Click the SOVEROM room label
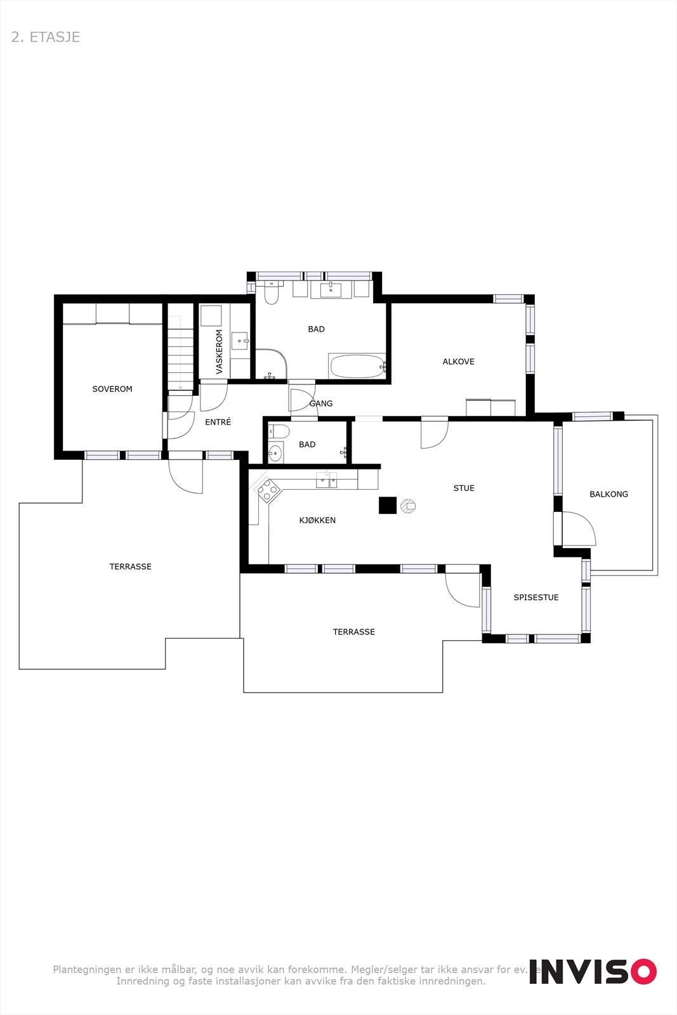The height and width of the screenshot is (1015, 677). pos(112,389)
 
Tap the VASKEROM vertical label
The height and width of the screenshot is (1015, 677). pos(220,351)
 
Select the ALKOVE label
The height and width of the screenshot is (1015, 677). pos(458,362)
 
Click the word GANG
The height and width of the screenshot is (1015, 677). pos(321,403)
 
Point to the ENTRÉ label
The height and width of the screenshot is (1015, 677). pos(218,422)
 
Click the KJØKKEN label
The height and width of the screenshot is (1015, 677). pos(317,520)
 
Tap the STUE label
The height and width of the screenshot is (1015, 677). pos(464,488)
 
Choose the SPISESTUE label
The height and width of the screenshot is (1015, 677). pos(536,597)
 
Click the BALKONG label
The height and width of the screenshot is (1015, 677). pos(608,494)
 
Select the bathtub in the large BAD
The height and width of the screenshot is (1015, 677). pos(357,366)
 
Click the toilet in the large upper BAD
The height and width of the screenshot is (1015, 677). pos(272,294)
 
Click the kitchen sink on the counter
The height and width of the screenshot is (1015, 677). pos(327,480)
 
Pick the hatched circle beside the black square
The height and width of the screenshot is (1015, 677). pos(408,506)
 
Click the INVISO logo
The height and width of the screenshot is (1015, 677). pos(593,971)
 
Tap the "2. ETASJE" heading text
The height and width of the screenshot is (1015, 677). pos(46,37)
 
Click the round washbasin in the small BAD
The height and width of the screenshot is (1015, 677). pos(275,453)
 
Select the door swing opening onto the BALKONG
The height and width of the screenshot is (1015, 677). pos(578,528)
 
